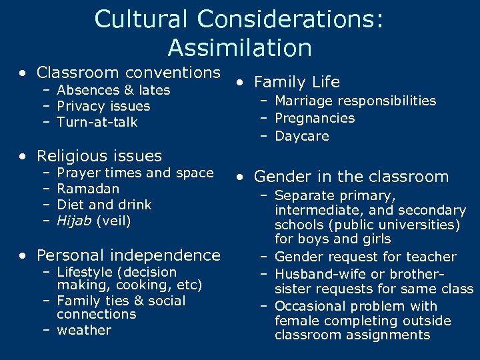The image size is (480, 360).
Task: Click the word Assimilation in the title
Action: tap(239, 48)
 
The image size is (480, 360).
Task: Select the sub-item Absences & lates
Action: tap(113, 90)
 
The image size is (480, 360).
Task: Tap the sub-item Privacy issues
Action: tap(103, 106)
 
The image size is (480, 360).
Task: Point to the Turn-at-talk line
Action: tap(97, 122)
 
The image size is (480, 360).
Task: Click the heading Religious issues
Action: tap(99, 156)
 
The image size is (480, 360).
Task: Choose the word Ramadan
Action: tap(88, 189)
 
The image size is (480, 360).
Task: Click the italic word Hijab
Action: tap(74, 221)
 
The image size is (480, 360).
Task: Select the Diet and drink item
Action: tap(104, 205)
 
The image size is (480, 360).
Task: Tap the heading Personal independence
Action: tap(128, 255)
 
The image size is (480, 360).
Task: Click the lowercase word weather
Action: tap(84, 330)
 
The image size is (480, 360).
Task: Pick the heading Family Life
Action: tap(297, 82)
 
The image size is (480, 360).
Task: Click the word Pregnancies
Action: tap(315, 118)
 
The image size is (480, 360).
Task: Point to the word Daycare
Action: tap(301, 135)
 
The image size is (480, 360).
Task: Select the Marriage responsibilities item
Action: tap(355, 101)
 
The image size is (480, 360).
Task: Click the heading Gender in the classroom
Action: tap(351, 177)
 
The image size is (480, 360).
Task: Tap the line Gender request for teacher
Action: tap(365, 257)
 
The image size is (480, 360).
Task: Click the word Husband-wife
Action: tap(316, 274)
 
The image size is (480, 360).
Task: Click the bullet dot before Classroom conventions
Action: tap(24, 73)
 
